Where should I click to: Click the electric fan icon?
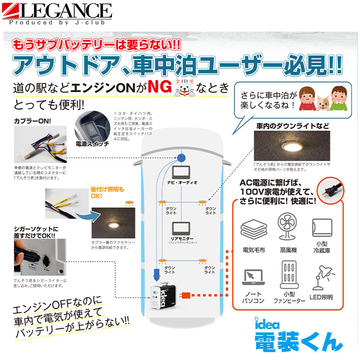(x=288, y=227)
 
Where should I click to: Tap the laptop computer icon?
(x=254, y=278)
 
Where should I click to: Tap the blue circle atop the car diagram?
(x=181, y=158)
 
